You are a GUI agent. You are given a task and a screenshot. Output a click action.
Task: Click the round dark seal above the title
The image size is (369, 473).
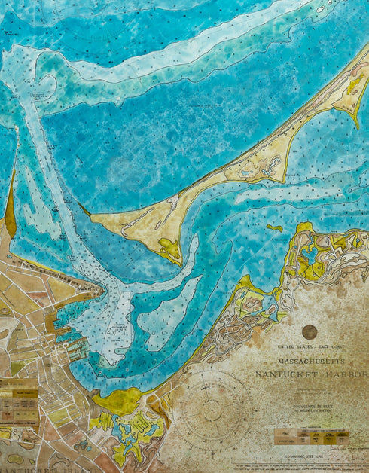coord(309,331)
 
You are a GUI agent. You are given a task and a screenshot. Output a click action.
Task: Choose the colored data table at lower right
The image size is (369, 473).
coord(312,438)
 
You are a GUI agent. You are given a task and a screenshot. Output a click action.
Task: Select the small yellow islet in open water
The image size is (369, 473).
coord(275,227)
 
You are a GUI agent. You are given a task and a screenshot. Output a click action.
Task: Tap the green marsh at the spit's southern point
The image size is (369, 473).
coord(170,249)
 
